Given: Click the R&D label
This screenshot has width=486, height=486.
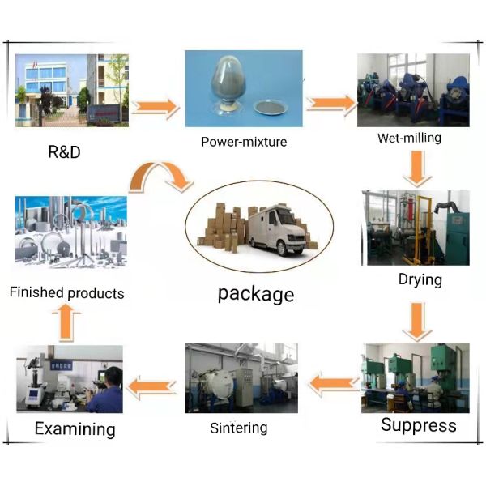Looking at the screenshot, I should (x=64, y=151).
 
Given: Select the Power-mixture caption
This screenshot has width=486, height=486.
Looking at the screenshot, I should (x=244, y=143).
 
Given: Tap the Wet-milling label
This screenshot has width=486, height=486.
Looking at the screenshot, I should (x=409, y=138).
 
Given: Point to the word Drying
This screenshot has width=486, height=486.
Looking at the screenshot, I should (x=420, y=280).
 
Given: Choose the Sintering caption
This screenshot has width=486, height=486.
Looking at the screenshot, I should (x=241, y=428).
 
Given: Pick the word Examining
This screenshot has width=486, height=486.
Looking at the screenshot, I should (x=75, y=429).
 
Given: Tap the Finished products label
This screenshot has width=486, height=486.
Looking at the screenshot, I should (x=66, y=292).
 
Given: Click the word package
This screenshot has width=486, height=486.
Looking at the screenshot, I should (x=255, y=293).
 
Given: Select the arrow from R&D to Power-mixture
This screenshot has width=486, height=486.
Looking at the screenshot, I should (x=155, y=106).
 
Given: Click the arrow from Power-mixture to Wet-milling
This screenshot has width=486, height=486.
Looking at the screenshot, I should (x=330, y=103).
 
